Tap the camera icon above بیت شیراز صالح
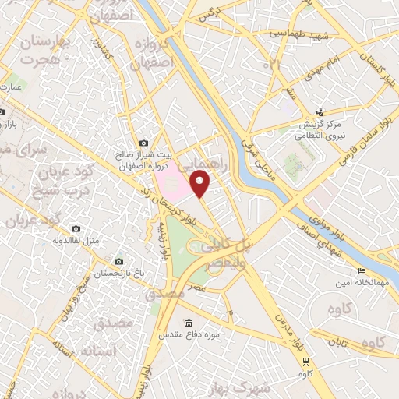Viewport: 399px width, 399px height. click(143, 143)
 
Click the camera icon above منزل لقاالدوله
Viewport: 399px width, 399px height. click(76, 229)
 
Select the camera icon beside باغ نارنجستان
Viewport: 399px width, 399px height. click(118, 262)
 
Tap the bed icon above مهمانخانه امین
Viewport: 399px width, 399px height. click(361, 271)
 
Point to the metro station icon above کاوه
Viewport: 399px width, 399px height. click(306, 361)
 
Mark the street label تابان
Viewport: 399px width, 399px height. click(341, 341)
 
